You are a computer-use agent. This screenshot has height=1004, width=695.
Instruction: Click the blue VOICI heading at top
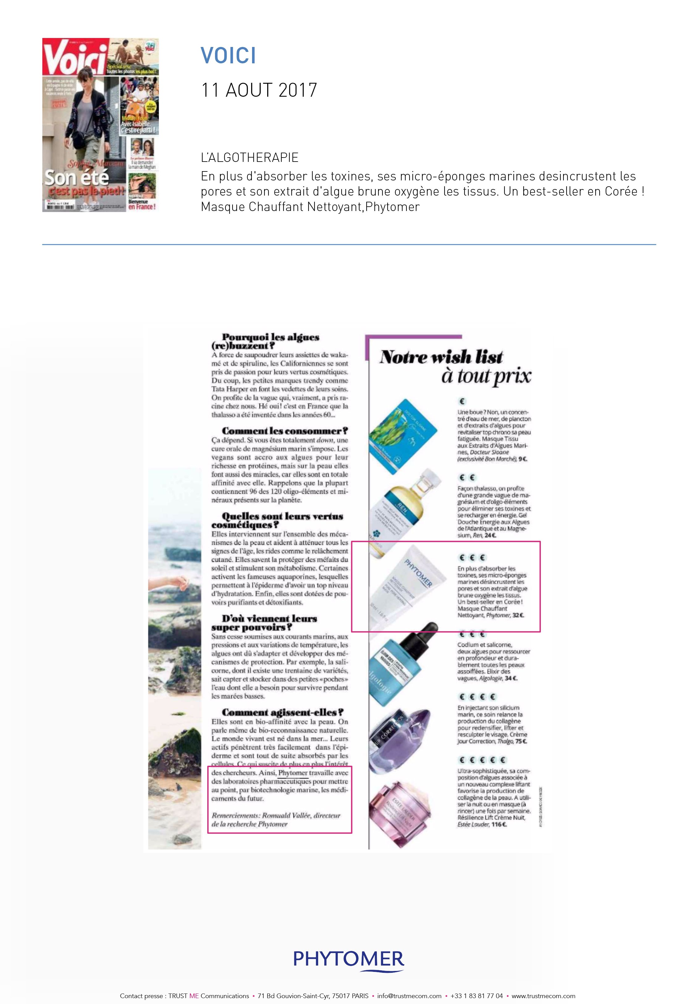tap(228, 56)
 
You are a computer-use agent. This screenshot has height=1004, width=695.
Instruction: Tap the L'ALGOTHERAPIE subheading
tap(250, 158)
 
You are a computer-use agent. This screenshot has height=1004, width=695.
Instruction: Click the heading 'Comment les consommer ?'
tap(284, 431)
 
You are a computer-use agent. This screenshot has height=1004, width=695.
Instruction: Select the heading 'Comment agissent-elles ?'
tap(282, 712)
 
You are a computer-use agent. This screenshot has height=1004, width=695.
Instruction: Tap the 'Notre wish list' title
tap(441, 357)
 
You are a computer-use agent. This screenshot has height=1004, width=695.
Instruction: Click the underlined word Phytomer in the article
tap(293, 773)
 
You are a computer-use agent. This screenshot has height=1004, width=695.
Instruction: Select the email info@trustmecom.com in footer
tap(409, 996)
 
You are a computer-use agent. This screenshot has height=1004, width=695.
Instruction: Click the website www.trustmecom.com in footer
tap(543, 996)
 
